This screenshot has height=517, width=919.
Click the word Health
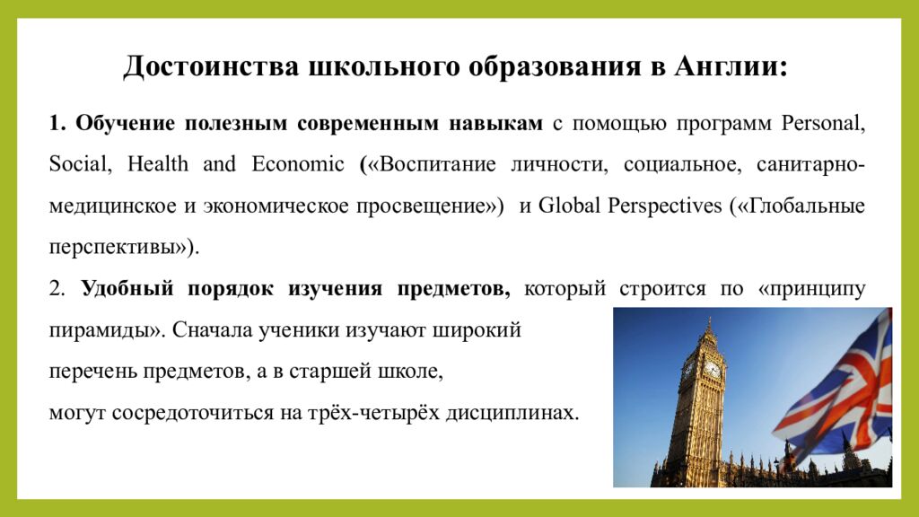tap(158, 164)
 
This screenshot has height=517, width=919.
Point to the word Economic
tap(298, 164)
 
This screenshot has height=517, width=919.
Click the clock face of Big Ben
tap(712, 369)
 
